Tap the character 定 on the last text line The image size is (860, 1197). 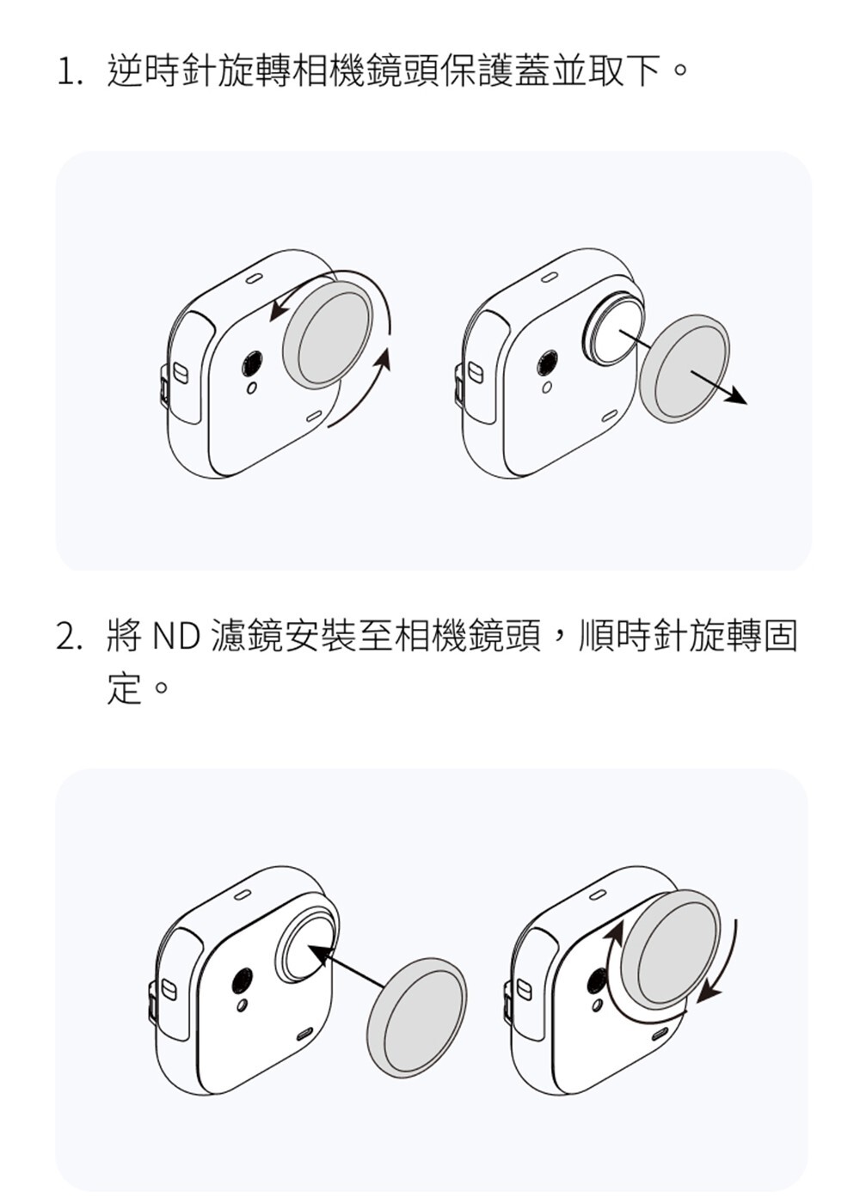(x=124, y=689)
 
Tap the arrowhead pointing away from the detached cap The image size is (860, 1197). (x=736, y=397)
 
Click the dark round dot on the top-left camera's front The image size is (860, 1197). (x=251, y=363)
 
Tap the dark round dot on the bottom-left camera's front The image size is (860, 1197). (x=244, y=980)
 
